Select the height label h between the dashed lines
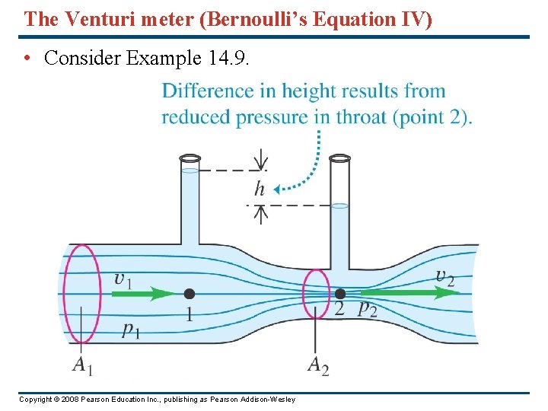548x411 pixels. (x=260, y=189)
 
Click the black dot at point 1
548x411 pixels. (x=189, y=294)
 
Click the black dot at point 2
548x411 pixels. (x=340, y=293)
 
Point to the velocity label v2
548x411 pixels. (x=445, y=277)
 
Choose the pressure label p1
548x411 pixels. (x=131, y=329)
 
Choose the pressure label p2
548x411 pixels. (x=367, y=307)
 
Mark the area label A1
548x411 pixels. (x=82, y=365)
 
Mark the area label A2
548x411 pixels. (x=318, y=365)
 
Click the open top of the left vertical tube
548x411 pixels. (x=190, y=158)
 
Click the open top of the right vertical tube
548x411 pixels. (x=339, y=158)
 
